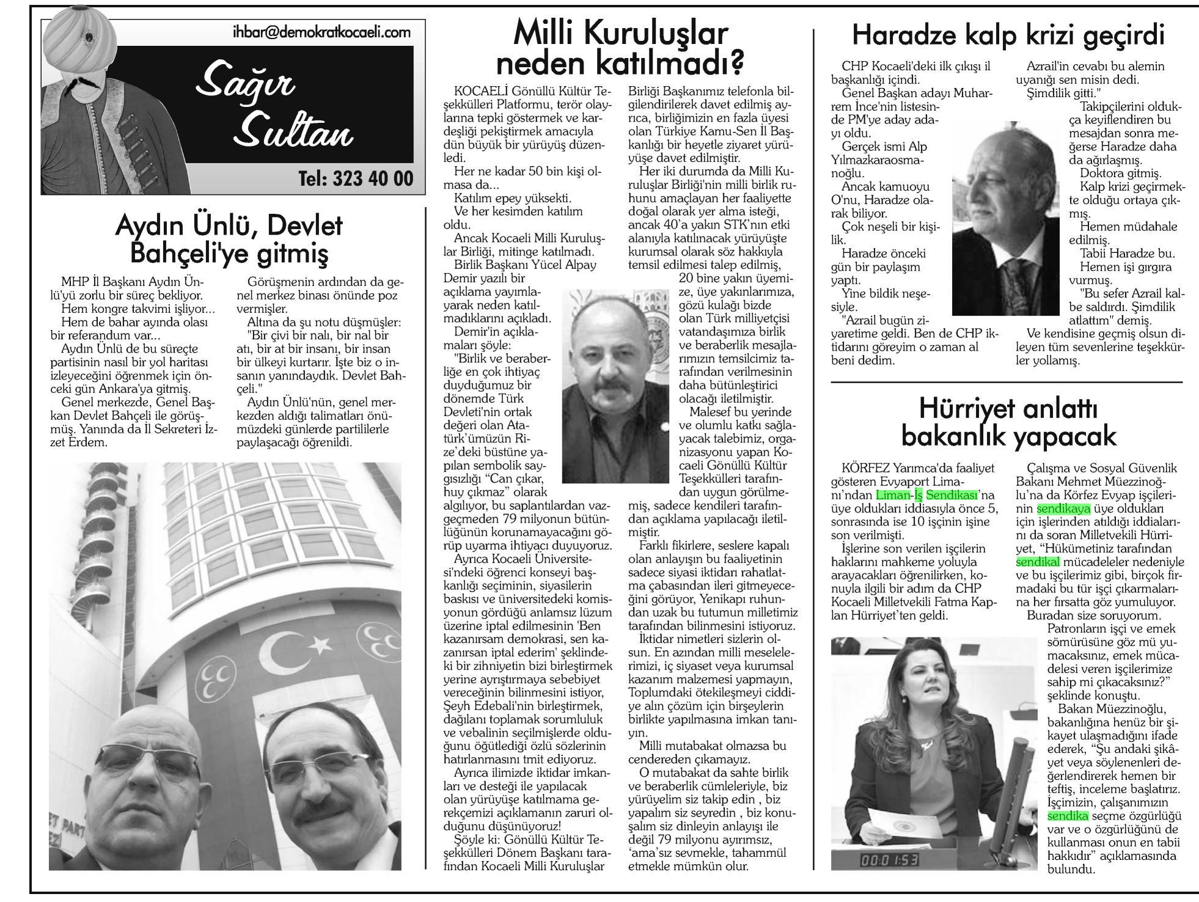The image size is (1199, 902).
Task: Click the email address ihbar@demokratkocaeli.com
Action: (x=321, y=32)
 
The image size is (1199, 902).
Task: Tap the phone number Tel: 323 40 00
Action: (x=356, y=178)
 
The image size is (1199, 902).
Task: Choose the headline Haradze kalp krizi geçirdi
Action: (x=1008, y=35)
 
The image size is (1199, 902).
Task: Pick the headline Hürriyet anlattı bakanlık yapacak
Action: (x=1008, y=422)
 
